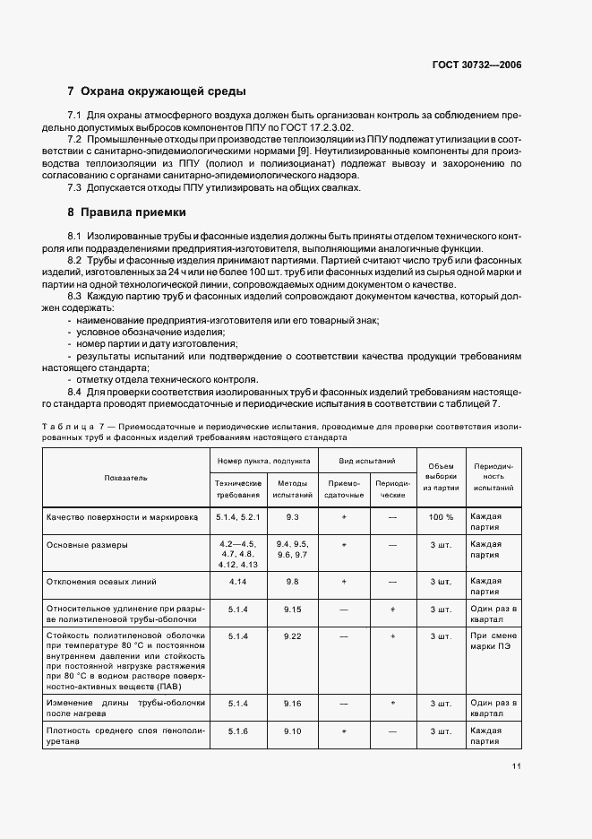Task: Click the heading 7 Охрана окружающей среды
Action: click(x=157, y=91)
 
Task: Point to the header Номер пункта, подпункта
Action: click(x=264, y=460)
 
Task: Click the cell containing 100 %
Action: click(x=441, y=517)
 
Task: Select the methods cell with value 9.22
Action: click(x=292, y=636)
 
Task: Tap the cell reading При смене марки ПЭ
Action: click(x=492, y=642)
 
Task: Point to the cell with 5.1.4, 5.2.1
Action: click(x=237, y=517)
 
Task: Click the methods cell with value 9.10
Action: click(x=292, y=732)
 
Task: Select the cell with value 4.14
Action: click(x=237, y=582)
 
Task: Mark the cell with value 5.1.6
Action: click(x=237, y=732)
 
